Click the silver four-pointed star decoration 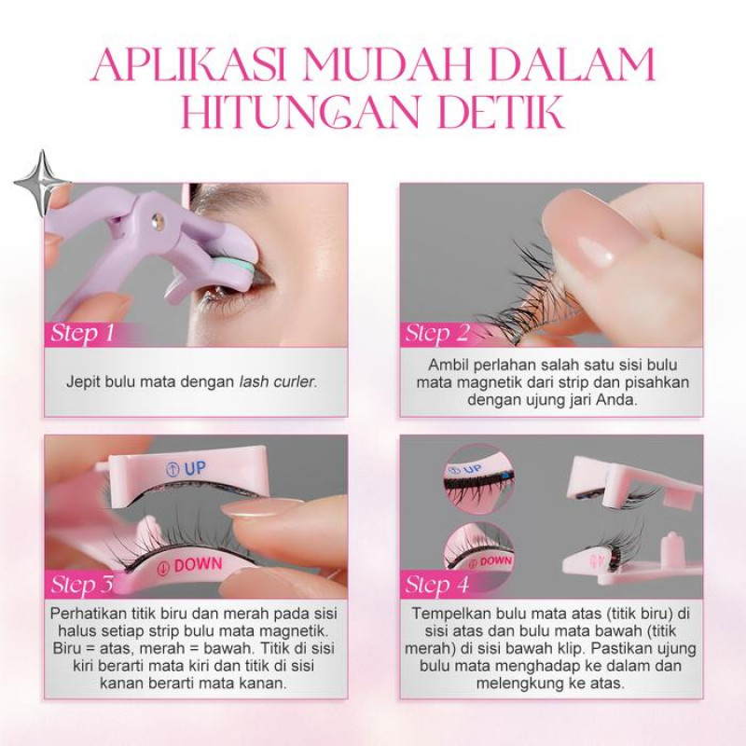tap(42, 183)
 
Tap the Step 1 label tap(83, 334)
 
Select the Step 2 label tap(437, 334)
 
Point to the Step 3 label tap(83, 585)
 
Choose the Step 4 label tap(437, 585)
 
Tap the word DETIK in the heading tap(502, 112)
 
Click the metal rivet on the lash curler tap(157, 219)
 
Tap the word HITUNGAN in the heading tap(300, 112)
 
